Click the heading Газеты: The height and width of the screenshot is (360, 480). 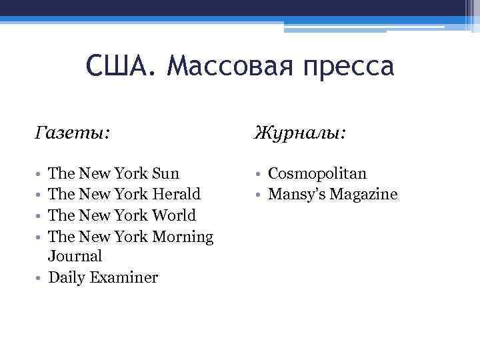pos(73,134)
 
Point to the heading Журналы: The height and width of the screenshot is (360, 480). pos(299,134)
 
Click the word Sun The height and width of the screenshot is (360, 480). pos(166,173)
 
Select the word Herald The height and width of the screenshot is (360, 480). pos(176,194)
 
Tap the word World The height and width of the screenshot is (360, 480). pos(174,215)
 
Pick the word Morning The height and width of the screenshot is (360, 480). pos(183,236)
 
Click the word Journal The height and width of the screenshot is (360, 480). pos(75,256)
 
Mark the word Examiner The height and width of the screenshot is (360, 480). pos(125,277)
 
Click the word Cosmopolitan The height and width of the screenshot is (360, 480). pos(317,173)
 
